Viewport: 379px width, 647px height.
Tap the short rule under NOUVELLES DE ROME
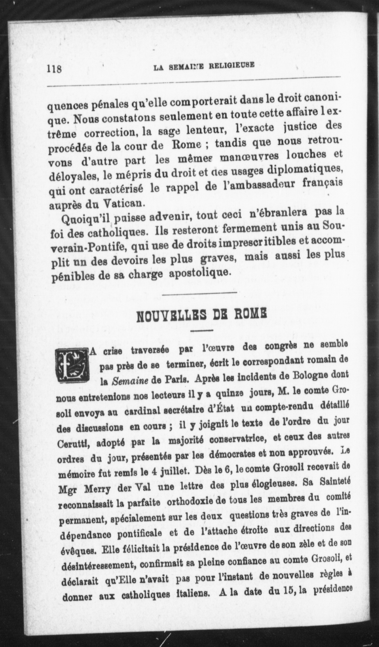click(202, 331)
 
